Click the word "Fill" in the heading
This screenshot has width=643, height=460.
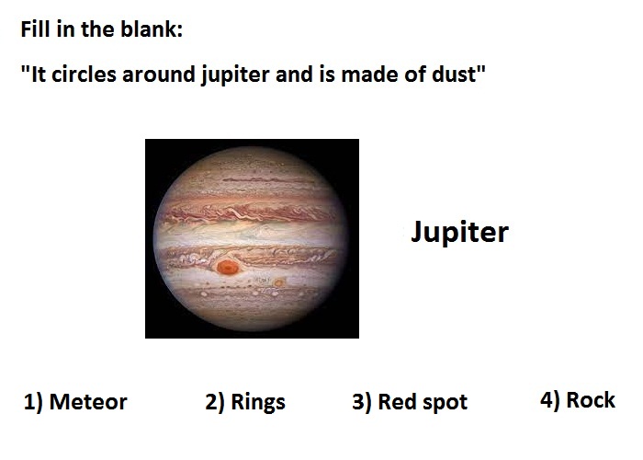tap(35, 29)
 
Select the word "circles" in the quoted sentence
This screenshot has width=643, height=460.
tap(85, 75)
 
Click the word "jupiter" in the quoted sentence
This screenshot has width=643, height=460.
tap(236, 75)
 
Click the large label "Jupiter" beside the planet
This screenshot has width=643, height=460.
tap(459, 233)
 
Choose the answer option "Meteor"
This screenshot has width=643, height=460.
tap(88, 402)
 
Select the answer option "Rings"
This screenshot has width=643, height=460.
tap(258, 403)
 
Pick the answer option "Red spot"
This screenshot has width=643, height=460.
tap(423, 403)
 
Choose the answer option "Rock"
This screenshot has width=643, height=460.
tap(591, 400)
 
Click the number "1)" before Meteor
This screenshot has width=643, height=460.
tap(33, 402)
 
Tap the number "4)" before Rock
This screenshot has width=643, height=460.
tap(550, 400)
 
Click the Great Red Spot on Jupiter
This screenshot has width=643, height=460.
tap(228, 268)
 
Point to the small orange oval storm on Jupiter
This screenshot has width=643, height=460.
tap(279, 282)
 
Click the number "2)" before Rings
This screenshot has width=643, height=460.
tap(215, 402)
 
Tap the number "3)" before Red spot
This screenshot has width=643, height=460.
tap(362, 402)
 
